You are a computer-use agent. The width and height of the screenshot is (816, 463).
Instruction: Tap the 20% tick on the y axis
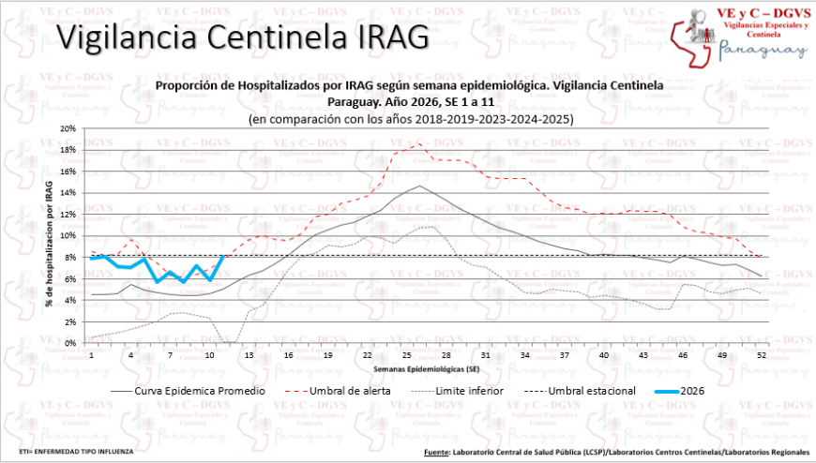coord(68,128)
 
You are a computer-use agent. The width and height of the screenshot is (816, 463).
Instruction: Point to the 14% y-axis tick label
coord(68,193)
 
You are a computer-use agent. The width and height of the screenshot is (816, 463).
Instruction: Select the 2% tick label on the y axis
coord(69,321)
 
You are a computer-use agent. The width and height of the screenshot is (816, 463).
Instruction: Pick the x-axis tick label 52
coord(761,356)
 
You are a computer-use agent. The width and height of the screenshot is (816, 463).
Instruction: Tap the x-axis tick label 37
coord(564,356)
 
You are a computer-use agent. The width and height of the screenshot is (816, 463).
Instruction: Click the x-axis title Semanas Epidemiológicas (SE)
coord(426,369)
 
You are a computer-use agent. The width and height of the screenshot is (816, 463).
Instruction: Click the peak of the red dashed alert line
coord(419,142)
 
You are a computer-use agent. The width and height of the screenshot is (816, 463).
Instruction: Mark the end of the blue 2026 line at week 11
coord(223,256)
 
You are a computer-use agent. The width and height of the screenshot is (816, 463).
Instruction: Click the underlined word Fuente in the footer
coord(435,451)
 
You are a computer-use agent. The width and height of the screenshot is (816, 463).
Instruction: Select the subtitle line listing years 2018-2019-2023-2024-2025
coord(410,120)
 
